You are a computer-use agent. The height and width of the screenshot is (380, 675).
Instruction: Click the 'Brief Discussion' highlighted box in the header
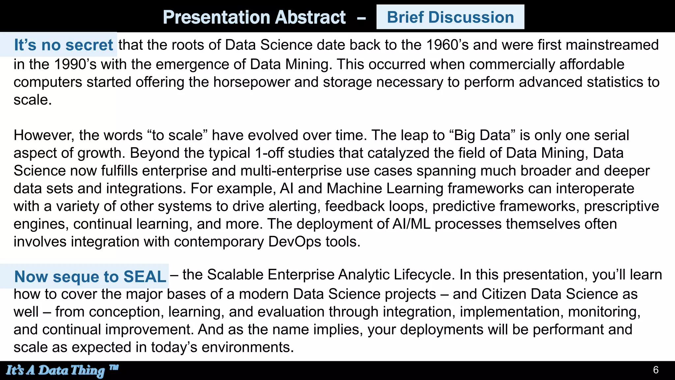coord(450,17)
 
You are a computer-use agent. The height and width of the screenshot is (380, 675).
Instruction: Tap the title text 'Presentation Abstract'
coord(254,17)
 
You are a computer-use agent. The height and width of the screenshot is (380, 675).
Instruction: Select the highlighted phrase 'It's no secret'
coord(63,45)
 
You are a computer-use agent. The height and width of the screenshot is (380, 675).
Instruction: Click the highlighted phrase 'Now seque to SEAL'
coord(90,276)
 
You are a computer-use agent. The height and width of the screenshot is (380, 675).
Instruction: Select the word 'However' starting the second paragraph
coord(44,135)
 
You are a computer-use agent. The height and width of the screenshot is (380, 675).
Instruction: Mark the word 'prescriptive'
coord(621,206)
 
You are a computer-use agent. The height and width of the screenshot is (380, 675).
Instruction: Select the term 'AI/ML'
coord(411,224)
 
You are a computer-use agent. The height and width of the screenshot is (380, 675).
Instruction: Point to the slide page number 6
coord(656,370)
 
